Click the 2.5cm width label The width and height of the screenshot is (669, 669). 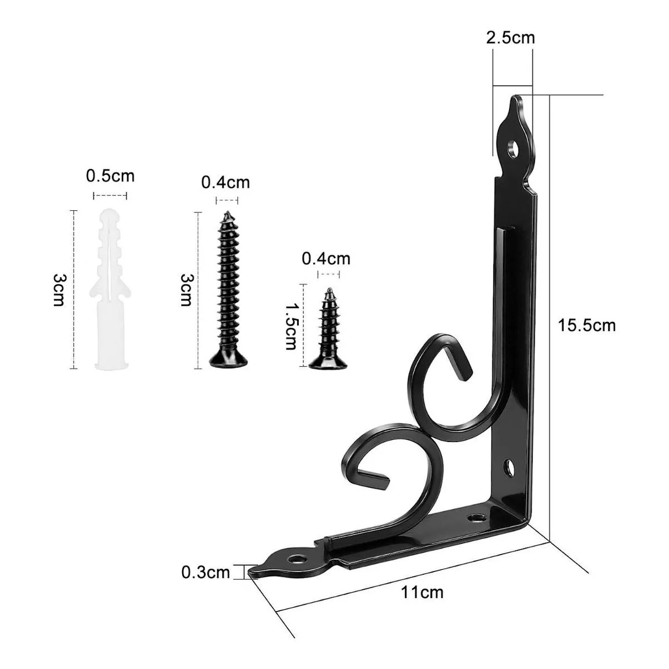pos(510,37)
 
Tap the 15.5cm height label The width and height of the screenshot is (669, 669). pos(587,325)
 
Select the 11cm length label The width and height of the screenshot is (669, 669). pos(423,592)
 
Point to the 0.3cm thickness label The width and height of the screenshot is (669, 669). pos(205,572)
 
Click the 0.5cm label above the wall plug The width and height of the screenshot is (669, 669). pos(110,176)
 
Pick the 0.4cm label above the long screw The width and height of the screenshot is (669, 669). pos(225,182)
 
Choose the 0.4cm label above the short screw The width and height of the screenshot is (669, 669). pos(326,258)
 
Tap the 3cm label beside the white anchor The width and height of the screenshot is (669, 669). pos(60,290)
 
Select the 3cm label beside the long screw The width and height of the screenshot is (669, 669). pos(186,290)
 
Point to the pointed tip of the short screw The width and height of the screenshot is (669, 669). pos(329,290)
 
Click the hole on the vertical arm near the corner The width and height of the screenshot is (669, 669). pos(509,467)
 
